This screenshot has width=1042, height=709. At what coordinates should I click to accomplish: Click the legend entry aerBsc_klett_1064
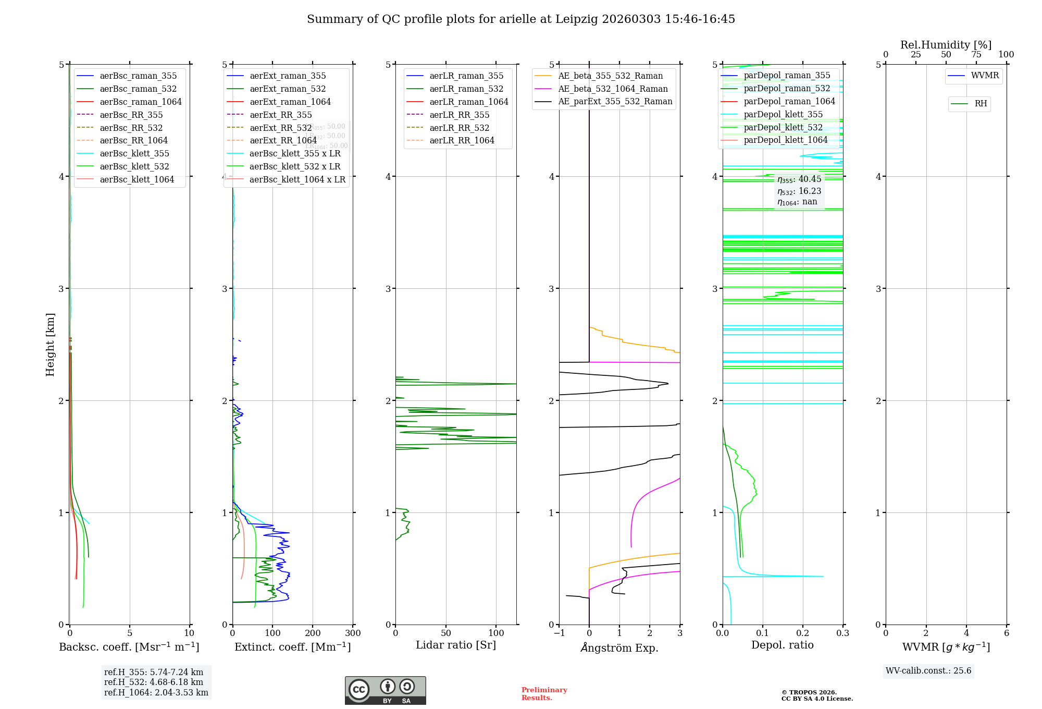pos(137,179)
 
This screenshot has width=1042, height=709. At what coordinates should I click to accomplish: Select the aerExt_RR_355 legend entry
pos(280,115)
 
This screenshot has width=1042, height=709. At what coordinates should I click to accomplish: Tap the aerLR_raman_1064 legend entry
pos(468,102)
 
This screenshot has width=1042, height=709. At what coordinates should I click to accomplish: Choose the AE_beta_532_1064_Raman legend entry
pos(613,89)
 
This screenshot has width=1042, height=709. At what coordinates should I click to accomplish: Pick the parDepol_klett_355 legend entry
pos(783,114)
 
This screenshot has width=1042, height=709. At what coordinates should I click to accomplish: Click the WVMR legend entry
pos(985,76)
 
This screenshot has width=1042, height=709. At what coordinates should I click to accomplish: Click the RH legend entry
pos(981,104)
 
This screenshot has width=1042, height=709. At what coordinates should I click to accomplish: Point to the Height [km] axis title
pos(50,344)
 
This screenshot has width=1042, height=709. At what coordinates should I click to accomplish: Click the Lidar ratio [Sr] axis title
pos(456,645)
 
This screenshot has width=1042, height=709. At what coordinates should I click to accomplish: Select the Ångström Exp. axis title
pos(619,647)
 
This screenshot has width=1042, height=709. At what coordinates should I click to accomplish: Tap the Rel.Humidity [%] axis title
pos(946,45)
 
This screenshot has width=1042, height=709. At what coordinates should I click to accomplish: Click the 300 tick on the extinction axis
pos(353,633)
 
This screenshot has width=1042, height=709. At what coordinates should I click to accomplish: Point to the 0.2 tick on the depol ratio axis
pos(803,633)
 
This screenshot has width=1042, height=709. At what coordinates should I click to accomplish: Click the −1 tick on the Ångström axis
pos(559,633)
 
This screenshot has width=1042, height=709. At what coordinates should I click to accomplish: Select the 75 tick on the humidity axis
pos(976,55)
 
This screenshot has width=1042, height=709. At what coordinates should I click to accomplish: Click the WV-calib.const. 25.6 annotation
pos(928,671)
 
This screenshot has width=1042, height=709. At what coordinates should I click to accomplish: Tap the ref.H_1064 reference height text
pos(156,693)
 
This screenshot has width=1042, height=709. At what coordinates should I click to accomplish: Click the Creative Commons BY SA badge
pos(385,691)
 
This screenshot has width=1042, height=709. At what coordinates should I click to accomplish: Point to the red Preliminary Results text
pos(544,694)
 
